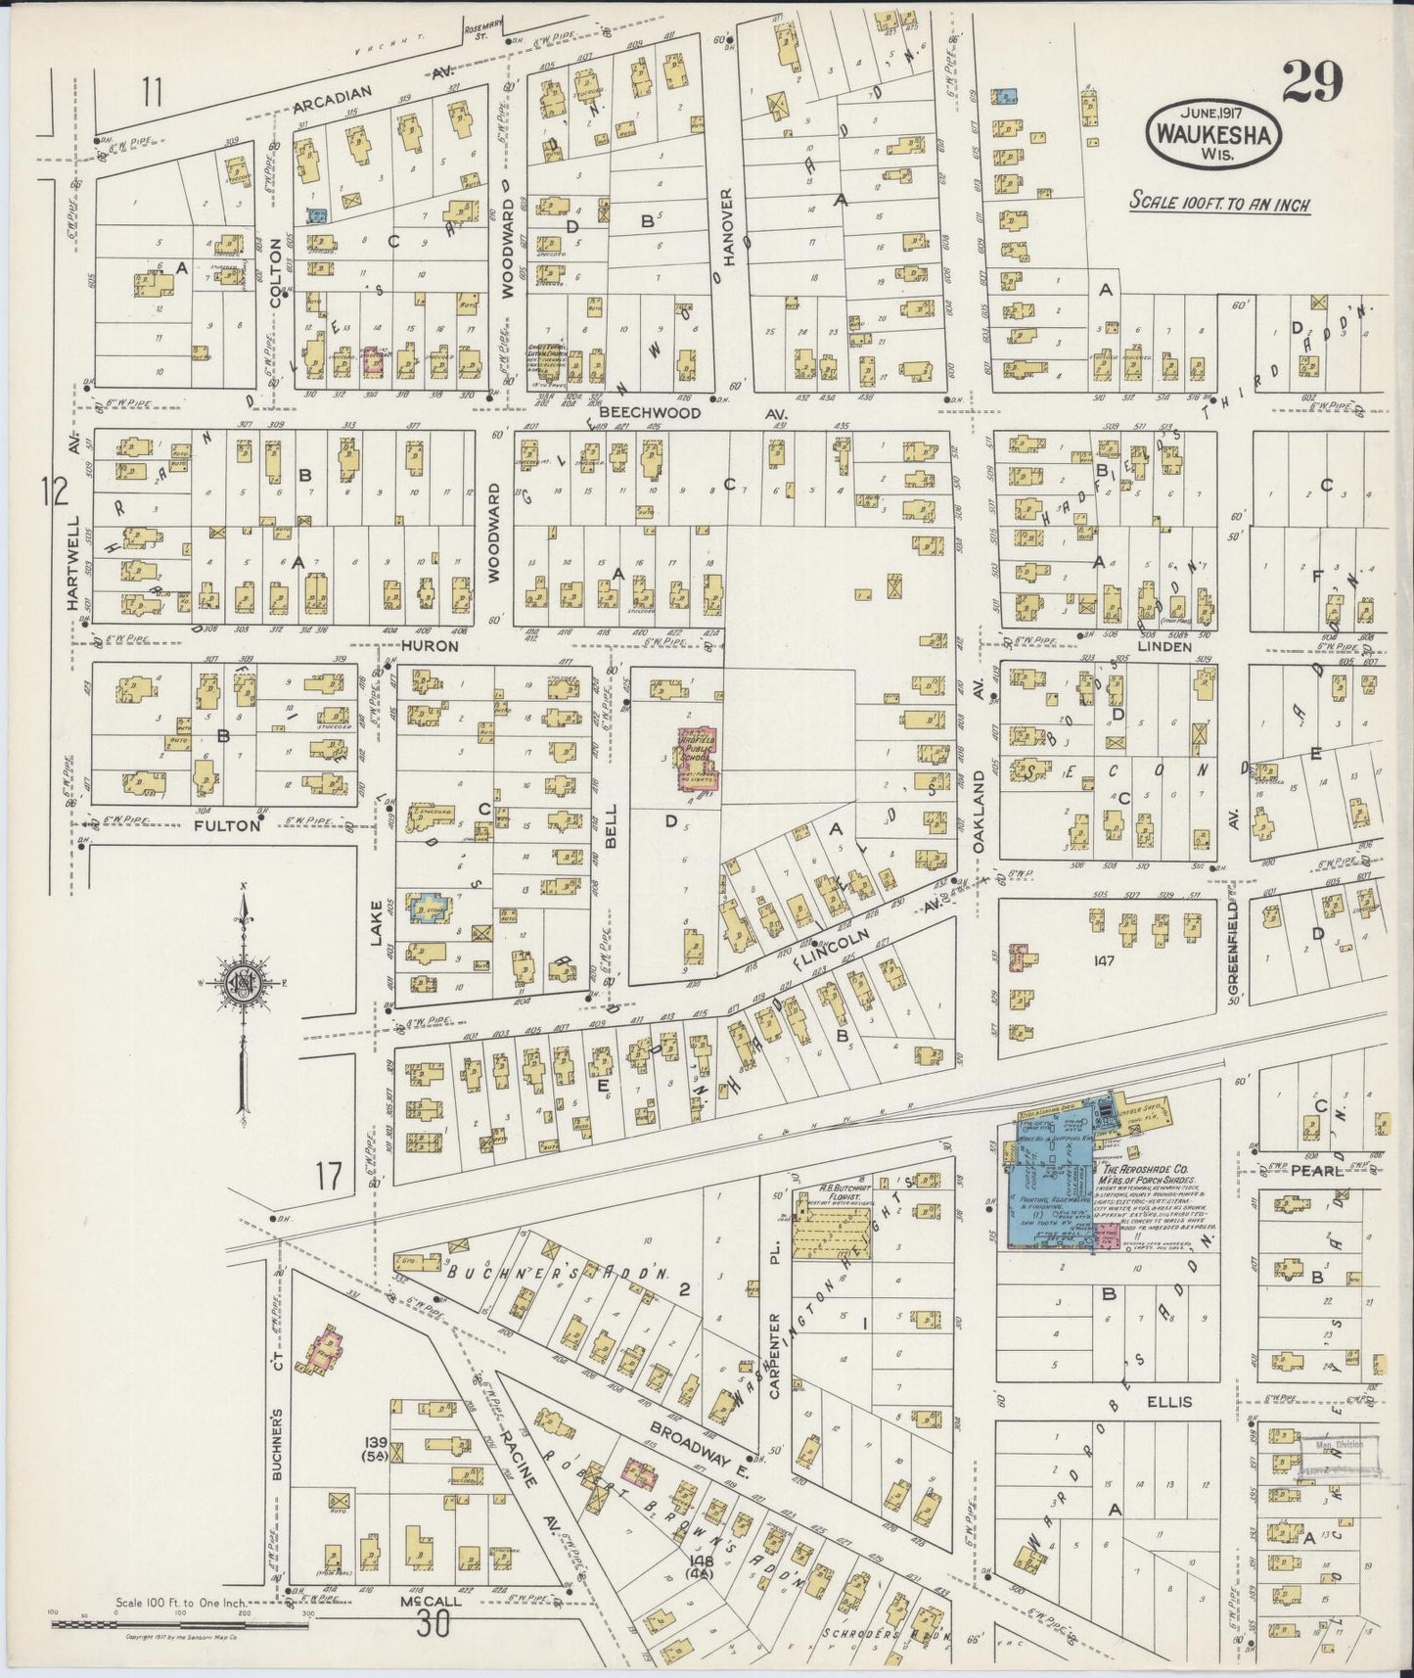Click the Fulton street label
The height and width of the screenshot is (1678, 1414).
[x=227, y=825]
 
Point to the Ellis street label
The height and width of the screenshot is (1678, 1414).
[x=1169, y=1401]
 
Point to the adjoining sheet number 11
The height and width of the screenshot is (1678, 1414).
[x=151, y=93]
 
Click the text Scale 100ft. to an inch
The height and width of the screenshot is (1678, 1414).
[x=1218, y=205]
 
